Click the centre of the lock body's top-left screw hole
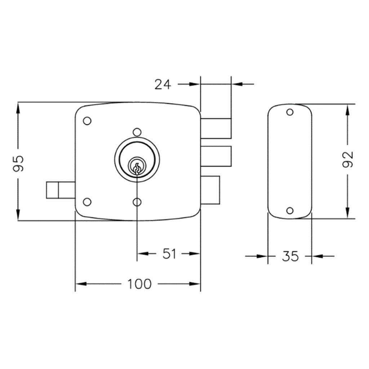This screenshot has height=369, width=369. tap(87, 121)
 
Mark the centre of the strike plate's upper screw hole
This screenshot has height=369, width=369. tap(290, 112)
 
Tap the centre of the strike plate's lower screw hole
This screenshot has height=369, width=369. tap(290, 210)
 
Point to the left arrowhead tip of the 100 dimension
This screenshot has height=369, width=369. tap(76, 284)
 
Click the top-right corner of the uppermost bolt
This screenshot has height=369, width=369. tap(231, 118)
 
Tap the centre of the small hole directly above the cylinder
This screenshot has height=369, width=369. tap(137, 132)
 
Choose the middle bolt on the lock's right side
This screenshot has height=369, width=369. tap(216, 156)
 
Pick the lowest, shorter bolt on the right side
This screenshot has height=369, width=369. tap(210, 190)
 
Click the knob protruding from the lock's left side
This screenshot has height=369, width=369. tap(61, 190)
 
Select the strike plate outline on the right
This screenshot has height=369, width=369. tap(290, 161)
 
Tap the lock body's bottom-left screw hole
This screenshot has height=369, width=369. tap(87, 202)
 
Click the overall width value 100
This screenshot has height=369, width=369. tap(139, 284)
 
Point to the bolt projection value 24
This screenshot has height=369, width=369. tap(163, 84)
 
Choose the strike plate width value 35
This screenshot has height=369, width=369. tap(290, 256)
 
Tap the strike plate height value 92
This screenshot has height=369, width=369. tap(348, 159)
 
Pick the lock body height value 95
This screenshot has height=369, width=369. tap(18, 163)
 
